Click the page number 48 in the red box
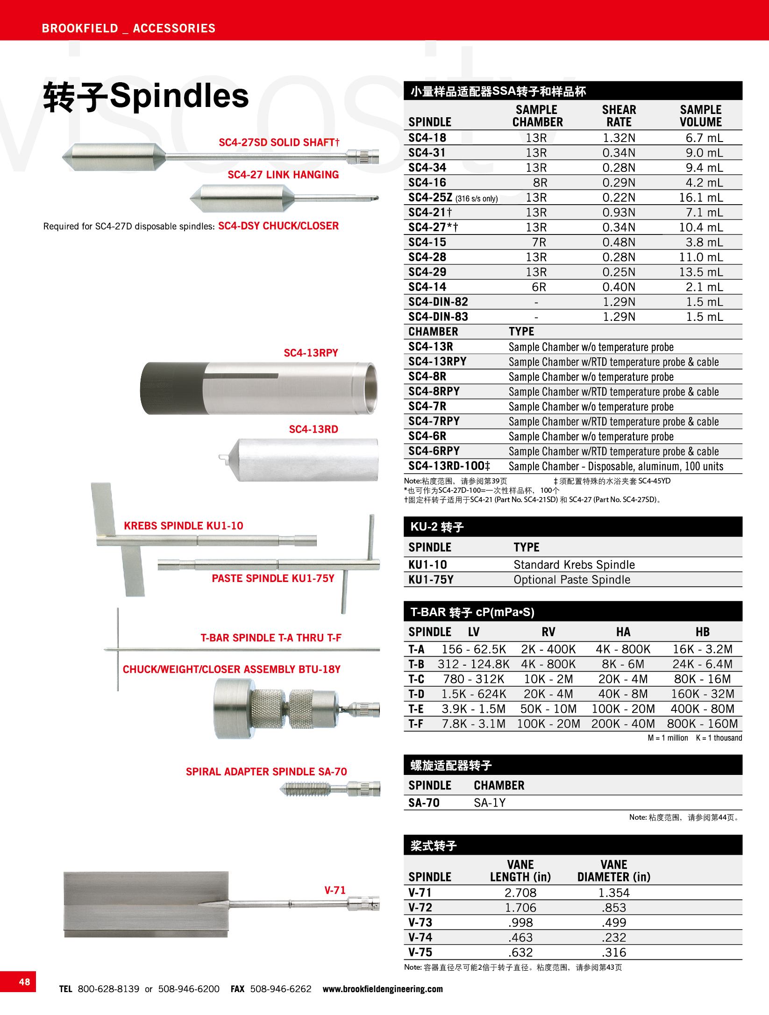point(24,981)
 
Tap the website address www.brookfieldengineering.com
point(382,988)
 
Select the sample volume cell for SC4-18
point(704,138)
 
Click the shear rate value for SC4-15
point(619,242)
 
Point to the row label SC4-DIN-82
point(438,302)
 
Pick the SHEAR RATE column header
point(619,116)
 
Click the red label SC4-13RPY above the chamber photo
point(311,353)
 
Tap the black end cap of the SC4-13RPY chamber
point(173,388)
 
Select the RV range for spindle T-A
point(548,649)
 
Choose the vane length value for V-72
point(520,908)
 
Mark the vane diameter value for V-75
point(614,952)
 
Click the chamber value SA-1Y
point(490,803)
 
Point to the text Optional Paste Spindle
point(572,580)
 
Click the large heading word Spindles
point(179,96)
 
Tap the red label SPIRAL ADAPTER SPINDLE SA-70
point(266,772)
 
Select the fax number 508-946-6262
point(280,989)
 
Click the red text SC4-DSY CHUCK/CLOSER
point(278,226)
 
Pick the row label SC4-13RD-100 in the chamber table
point(449,466)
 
